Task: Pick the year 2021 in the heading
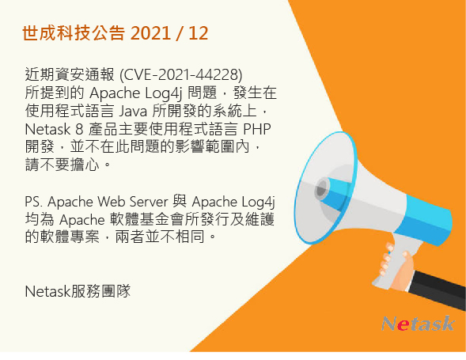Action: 150,33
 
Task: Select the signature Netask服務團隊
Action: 77,290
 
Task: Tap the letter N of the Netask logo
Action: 389,324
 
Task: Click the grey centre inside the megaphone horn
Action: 323,188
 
